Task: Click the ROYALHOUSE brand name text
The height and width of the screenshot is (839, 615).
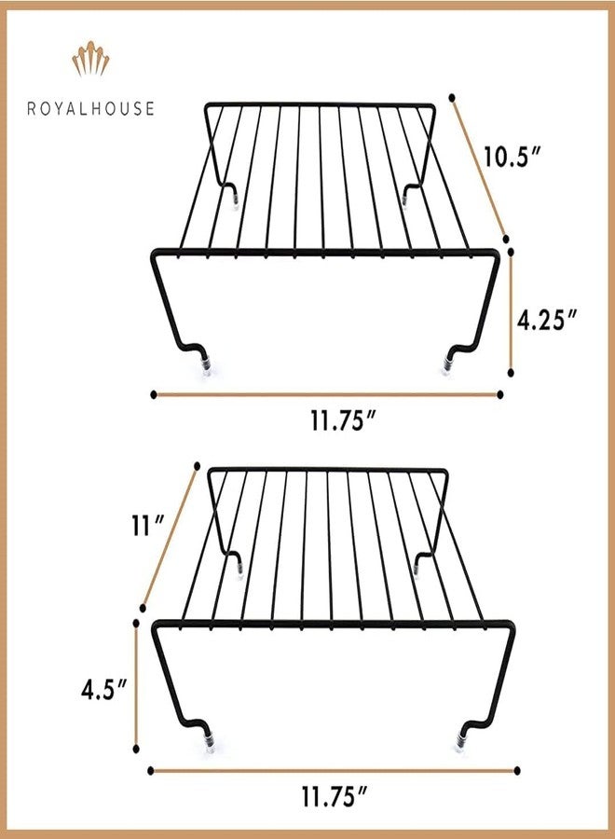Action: click(91, 108)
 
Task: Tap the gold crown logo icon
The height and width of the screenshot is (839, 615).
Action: click(90, 59)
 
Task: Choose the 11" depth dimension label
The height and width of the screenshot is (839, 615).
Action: click(147, 526)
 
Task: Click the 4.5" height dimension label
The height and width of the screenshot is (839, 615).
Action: click(103, 690)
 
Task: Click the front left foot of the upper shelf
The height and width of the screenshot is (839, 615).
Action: click(207, 369)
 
